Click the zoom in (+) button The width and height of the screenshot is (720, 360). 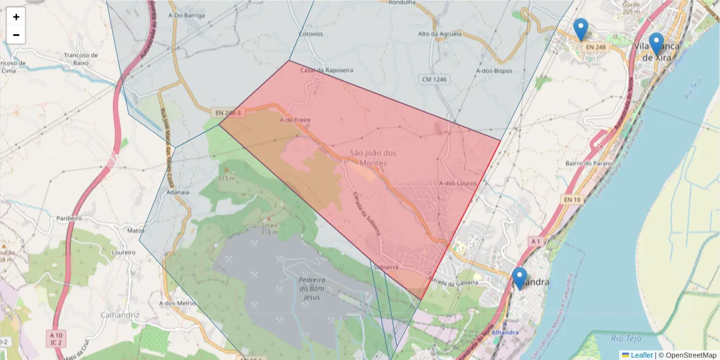(16, 17)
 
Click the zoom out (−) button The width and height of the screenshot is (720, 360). (16, 35)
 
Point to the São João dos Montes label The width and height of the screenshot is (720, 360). (373, 158)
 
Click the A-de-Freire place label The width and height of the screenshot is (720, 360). (295, 120)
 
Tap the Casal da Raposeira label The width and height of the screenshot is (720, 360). (327, 70)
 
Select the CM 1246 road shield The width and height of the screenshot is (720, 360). (434, 79)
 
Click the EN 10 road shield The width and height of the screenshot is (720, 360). (572, 199)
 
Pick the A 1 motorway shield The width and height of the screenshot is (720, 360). (536, 241)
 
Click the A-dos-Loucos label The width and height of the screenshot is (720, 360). (457, 183)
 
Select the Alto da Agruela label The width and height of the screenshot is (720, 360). (440, 34)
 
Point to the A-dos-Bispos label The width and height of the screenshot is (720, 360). (494, 70)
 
